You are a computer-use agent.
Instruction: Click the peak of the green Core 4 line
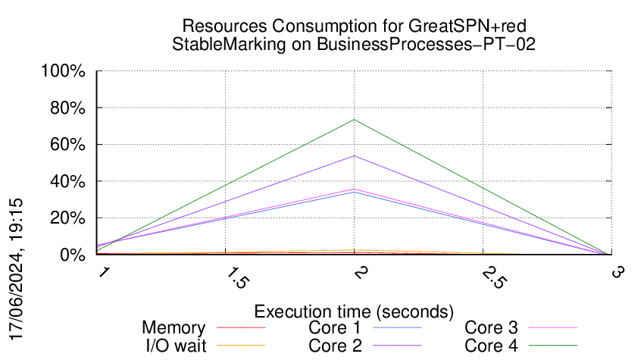click(x=354, y=120)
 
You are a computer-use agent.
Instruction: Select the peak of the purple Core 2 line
click(x=354, y=156)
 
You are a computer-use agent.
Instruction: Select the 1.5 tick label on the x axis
click(x=237, y=277)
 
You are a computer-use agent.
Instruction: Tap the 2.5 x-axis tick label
click(x=495, y=277)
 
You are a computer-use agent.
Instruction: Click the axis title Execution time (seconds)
click(x=354, y=311)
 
